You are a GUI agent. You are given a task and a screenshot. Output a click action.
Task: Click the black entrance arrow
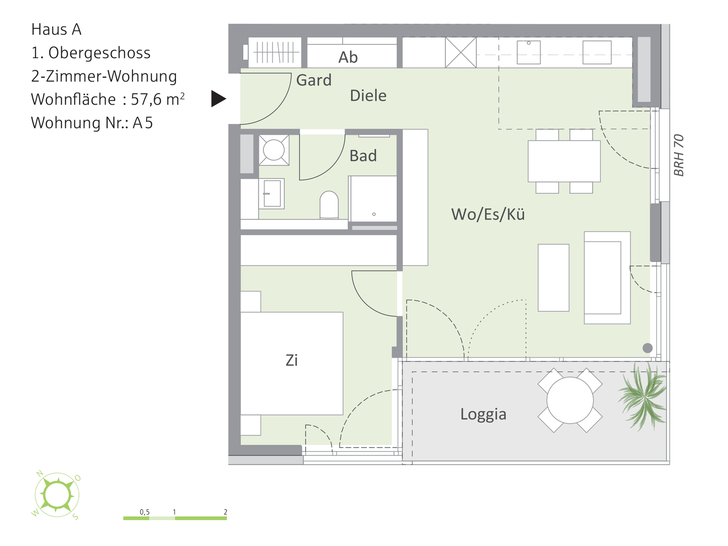(218, 99)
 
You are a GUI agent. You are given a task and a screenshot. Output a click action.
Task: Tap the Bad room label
(363, 156)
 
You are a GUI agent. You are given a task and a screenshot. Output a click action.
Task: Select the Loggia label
(483, 415)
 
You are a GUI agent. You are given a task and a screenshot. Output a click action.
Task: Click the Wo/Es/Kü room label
(488, 214)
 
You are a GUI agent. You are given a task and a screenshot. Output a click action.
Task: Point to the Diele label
(368, 96)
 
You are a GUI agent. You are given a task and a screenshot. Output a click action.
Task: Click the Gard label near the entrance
(314, 80)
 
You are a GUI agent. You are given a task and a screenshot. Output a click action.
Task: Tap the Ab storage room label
(348, 57)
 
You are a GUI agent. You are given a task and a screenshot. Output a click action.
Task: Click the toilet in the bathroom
(329, 205)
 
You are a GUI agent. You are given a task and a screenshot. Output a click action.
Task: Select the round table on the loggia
(570, 400)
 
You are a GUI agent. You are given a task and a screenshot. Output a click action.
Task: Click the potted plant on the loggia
(643, 396)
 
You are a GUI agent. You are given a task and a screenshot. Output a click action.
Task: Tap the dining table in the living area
(564, 161)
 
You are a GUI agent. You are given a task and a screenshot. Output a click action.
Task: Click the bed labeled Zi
(292, 363)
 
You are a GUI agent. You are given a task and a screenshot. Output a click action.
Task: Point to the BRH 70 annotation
(678, 155)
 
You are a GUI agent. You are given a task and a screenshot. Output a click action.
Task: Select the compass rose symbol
(57, 495)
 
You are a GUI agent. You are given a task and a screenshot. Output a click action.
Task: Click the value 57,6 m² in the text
(158, 99)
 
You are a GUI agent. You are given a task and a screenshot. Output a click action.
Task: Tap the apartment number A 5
(143, 123)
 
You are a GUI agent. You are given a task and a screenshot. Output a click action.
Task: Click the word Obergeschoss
(99, 53)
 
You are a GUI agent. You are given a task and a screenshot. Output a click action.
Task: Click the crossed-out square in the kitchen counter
(461, 53)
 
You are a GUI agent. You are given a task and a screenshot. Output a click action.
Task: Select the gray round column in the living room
(648, 348)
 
